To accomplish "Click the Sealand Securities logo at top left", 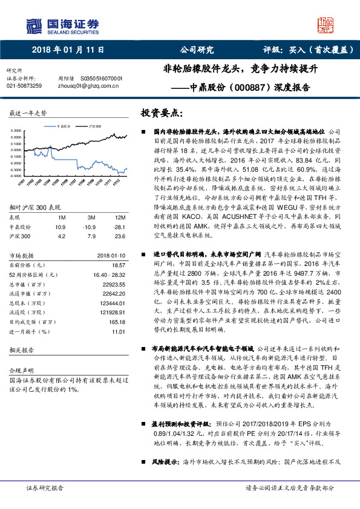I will [x=61, y=25].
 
